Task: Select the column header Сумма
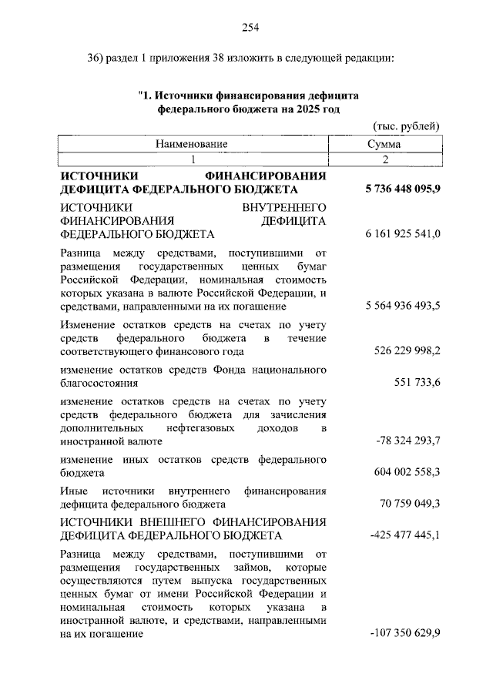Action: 383,144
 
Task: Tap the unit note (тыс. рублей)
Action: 406,126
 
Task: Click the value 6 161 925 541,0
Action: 399,234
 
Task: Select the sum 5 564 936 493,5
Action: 399,307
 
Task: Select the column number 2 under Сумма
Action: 383,159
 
